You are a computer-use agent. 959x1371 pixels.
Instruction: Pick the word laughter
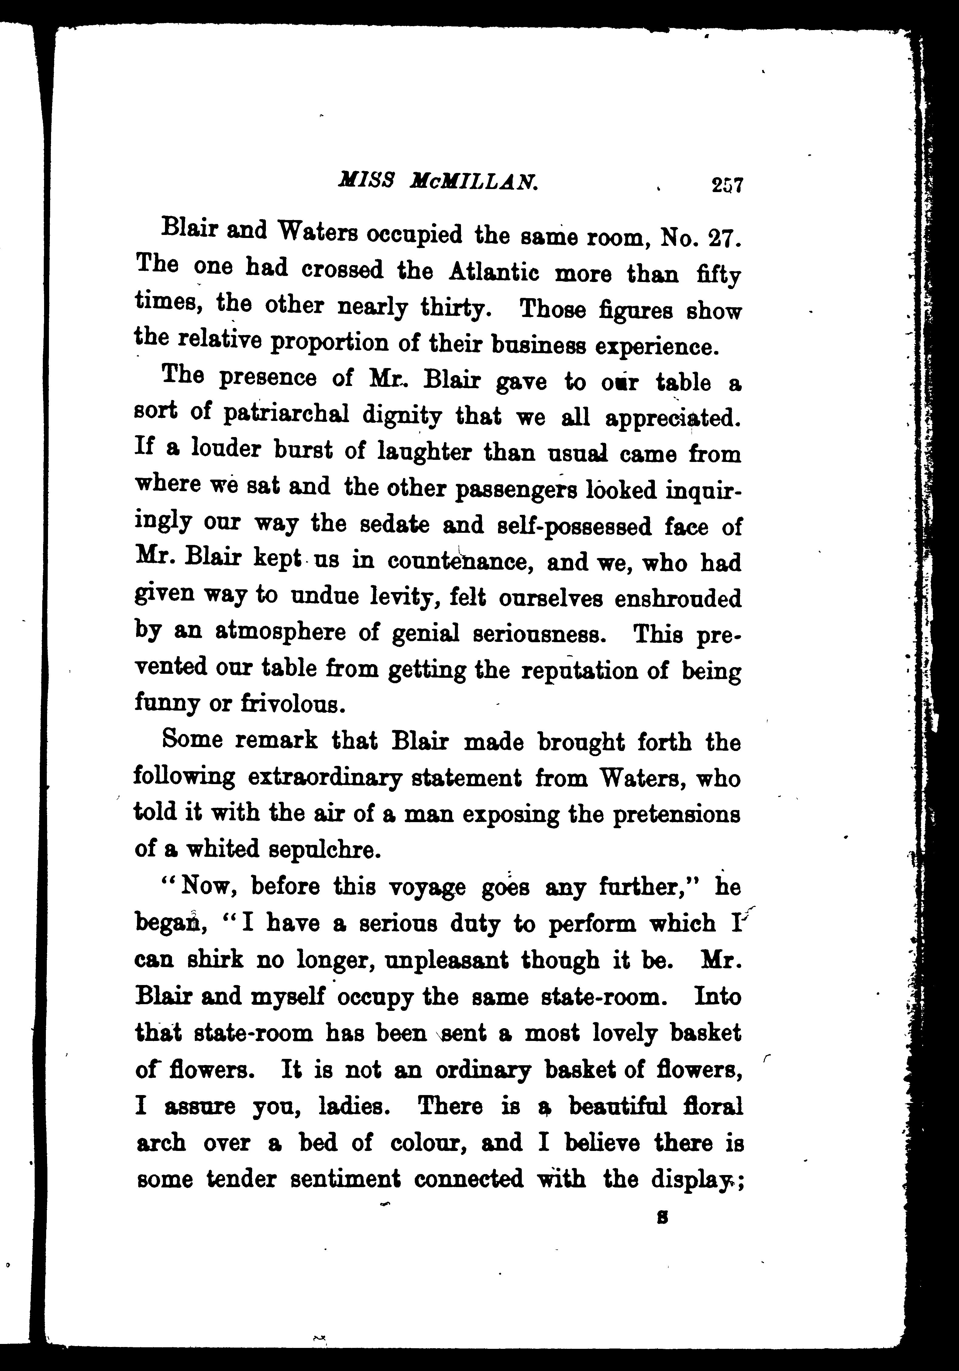tap(426, 452)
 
